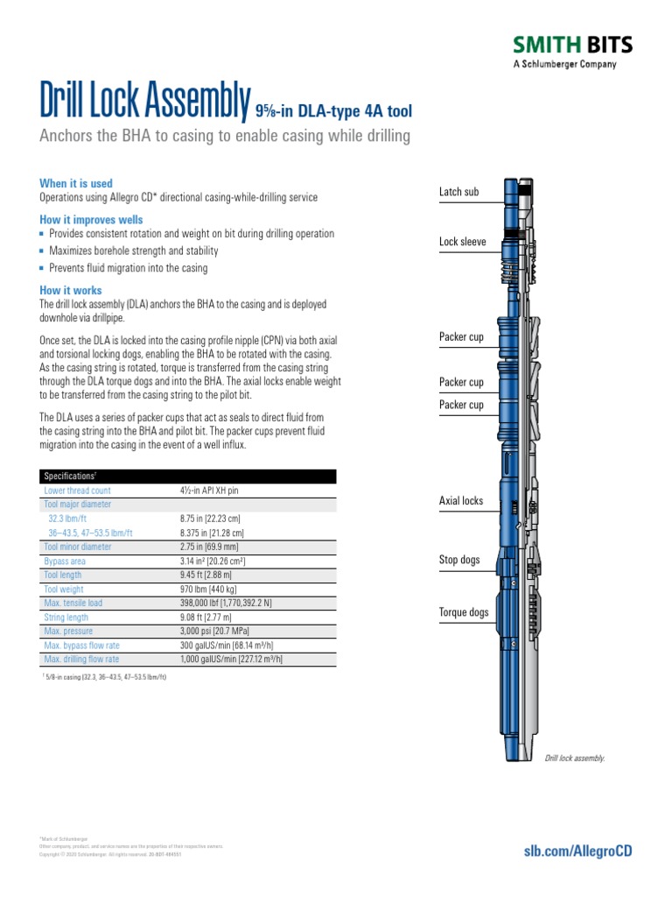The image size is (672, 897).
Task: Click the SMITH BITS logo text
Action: pyautogui.click(x=571, y=46)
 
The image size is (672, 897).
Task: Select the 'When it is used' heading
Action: pyautogui.click(x=76, y=183)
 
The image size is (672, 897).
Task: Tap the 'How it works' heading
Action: pyautogui.click(x=71, y=290)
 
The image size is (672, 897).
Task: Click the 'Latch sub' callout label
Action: pyautogui.click(x=458, y=192)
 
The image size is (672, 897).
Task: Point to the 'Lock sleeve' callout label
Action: pyautogui.click(x=463, y=242)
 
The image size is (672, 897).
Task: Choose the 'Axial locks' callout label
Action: pyautogui.click(x=460, y=501)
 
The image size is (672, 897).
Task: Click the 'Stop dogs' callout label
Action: pyautogui.click(x=459, y=560)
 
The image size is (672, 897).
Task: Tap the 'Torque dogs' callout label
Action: pyautogui.click(x=464, y=612)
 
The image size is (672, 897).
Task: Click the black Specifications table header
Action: pyautogui.click(x=187, y=476)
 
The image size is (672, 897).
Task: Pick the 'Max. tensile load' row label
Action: pyautogui.click(x=73, y=603)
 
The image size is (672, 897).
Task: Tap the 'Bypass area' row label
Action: pyautogui.click(x=66, y=561)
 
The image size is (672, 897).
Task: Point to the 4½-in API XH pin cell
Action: pyautogui.click(x=209, y=491)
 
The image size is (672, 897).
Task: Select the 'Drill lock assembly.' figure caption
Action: pyautogui.click(x=575, y=758)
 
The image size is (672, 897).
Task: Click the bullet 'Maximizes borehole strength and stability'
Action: pyautogui.click(x=134, y=251)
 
